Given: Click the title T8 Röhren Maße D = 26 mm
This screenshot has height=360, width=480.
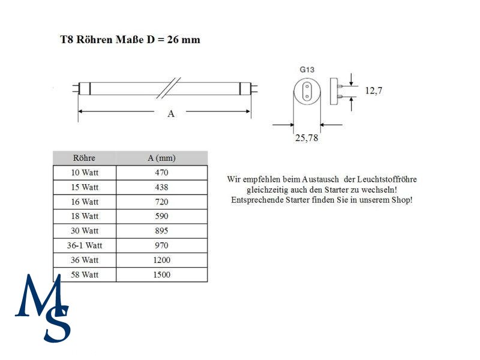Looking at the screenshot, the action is [130, 40].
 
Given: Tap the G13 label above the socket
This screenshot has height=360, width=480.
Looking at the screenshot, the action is [307, 70].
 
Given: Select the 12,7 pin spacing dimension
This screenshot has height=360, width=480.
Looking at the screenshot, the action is [373, 91].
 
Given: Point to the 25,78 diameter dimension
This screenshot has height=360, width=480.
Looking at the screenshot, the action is [307, 138].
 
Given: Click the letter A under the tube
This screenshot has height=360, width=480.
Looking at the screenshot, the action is [171, 114].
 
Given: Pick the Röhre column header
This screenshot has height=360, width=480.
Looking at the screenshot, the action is [84, 158].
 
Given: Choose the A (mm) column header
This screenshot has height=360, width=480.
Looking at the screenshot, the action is [161, 158].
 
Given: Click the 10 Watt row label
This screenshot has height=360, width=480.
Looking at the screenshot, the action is [85, 173].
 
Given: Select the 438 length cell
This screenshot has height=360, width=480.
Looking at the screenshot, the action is [161, 187].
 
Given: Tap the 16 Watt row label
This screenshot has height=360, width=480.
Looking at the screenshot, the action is [85, 202].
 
